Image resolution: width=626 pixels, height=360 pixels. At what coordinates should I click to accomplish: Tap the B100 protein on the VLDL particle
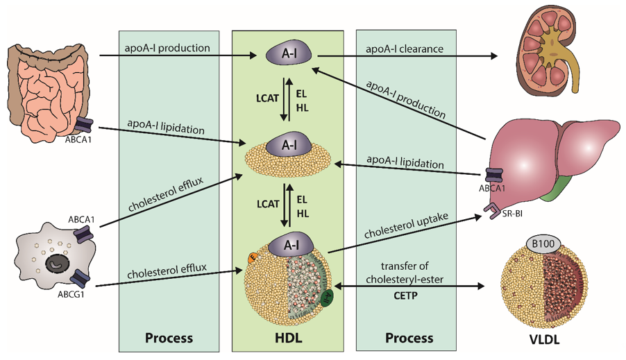pos(543,243)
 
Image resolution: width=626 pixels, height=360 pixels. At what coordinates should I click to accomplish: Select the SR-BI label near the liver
pos(512,214)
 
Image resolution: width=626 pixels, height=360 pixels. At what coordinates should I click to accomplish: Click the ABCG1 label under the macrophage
pos(71,295)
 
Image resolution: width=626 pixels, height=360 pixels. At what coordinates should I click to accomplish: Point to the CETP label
pos(405,295)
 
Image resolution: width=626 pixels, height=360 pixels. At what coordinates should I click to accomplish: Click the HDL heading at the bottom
pos(288,338)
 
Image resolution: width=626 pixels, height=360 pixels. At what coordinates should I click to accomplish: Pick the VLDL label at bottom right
pos(544,339)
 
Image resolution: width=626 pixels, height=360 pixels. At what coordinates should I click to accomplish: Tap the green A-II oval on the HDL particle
pos(328,298)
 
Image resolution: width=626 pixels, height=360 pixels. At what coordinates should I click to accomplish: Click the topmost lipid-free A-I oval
pos(289,53)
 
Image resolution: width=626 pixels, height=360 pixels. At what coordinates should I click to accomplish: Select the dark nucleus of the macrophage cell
pos(56,264)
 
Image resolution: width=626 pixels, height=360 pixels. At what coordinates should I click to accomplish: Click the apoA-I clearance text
pos(405,49)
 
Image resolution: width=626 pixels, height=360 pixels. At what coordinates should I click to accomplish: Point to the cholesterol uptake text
pos(406,225)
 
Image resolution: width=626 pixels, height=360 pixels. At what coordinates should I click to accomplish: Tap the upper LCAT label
pos(267,98)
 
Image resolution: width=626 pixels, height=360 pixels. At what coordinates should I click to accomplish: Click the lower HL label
pos(303,214)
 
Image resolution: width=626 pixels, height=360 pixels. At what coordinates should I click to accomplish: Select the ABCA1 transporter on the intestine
pos(84,125)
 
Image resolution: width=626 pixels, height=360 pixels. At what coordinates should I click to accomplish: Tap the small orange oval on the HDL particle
pos(253,258)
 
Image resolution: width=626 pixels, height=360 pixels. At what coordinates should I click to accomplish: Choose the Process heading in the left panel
pos(169,338)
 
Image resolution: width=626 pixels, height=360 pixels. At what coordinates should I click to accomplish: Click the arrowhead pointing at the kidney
pos(493,56)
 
